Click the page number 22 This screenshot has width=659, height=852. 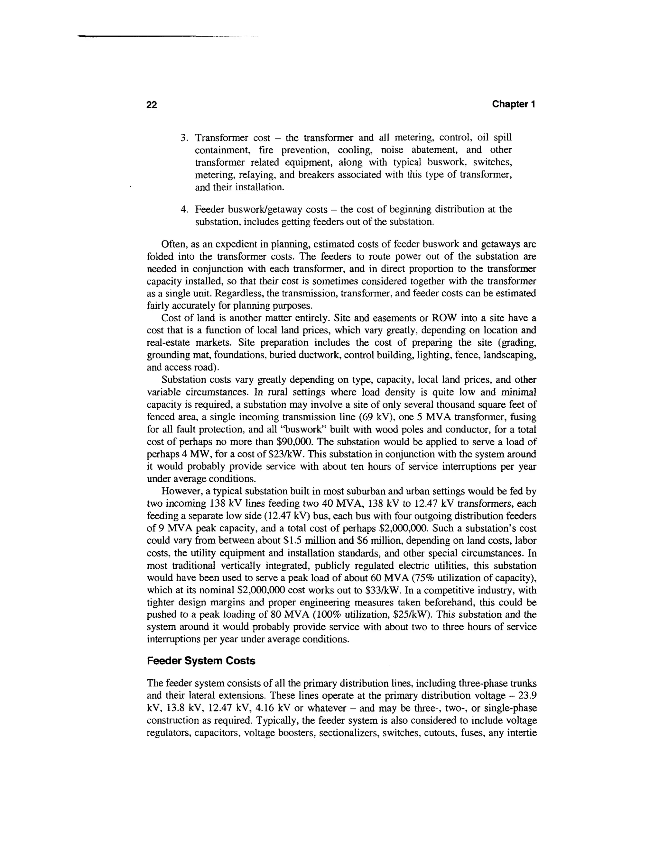(x=152, y=104)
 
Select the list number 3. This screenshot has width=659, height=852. (x=184, y=138)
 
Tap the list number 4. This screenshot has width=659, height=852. (x=184, y=210)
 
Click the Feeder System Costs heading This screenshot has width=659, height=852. (x=201, y=661)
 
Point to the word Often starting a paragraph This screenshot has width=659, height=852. (x=172, y=244)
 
